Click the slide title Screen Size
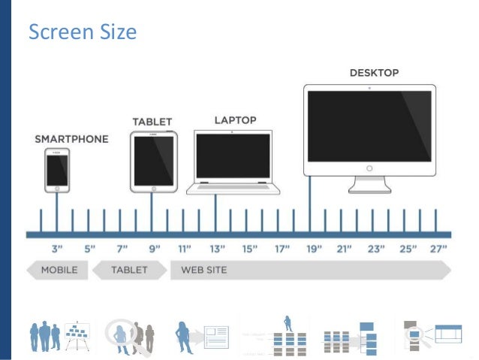point(82,32)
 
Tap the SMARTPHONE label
point(71,139)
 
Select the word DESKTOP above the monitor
point(374,74)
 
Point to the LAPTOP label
point(235,119)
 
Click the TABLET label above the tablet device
point(152,121)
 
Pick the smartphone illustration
point(57,169)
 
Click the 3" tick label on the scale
point(57,249)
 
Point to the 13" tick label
point(216,249)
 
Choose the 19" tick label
point(313,249)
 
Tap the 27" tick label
point(438,249)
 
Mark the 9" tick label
point(154,249)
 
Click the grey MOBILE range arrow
point(57,270)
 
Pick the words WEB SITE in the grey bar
point(203,270)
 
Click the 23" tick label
point(376,249)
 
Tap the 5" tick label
point(89,249)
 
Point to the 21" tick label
point(345,249)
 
